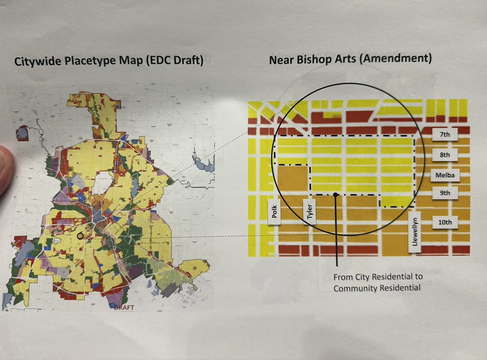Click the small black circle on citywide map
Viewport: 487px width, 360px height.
point(80,235)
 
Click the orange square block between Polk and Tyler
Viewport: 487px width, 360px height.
point(292,179)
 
